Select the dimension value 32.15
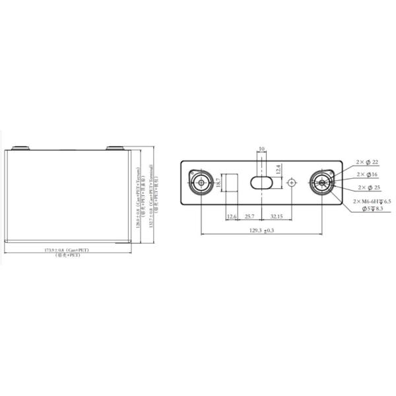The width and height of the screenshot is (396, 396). pos(277,216)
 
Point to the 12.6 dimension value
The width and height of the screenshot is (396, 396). pos(232,216)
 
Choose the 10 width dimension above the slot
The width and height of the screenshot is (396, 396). pos(262,150)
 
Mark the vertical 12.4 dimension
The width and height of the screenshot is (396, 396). pos(279,170)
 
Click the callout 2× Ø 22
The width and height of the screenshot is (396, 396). pos(366,162)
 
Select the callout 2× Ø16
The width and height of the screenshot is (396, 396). pos(366,174)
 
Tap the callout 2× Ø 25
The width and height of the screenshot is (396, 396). pos(366,187)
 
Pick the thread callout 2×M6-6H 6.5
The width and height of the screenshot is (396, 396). pos(372,201)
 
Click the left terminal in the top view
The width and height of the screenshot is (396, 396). pos(200,182)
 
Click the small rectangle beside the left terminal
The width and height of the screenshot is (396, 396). pos(232,183)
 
